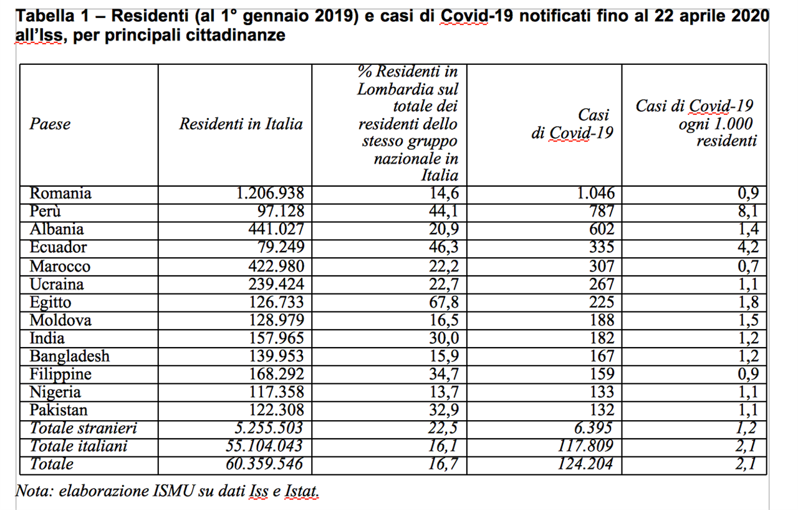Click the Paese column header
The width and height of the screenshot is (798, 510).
click(50, 124)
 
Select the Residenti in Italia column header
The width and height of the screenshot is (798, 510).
click(241, 124)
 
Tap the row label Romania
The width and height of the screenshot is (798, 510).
click(60, 194)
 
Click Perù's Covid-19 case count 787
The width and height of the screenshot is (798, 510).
click(602, 211)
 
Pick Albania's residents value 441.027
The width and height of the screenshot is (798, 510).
click(276, 229)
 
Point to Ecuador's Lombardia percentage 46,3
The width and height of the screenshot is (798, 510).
click(443, 247)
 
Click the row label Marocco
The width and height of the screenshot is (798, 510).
click(60, 266)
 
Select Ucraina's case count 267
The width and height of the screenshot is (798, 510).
click(602, 284)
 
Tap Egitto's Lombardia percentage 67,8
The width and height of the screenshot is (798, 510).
click(443, 302)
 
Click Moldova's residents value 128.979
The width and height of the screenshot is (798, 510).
click(276, 320)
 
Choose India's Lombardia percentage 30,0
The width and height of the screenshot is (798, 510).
click(443, 338)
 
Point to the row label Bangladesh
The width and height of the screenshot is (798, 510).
click(69, 356)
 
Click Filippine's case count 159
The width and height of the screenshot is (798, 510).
click(602, 374)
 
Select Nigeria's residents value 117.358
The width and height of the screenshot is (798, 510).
click(276, 392)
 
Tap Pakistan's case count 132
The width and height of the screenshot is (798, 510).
click(602, 409)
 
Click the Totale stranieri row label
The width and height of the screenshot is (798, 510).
click(84, 428)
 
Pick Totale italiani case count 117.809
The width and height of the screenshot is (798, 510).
click(585, 446)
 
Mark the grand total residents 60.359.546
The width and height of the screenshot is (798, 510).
click(264, 464)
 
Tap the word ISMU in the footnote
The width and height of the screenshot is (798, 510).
click(173, 491)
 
